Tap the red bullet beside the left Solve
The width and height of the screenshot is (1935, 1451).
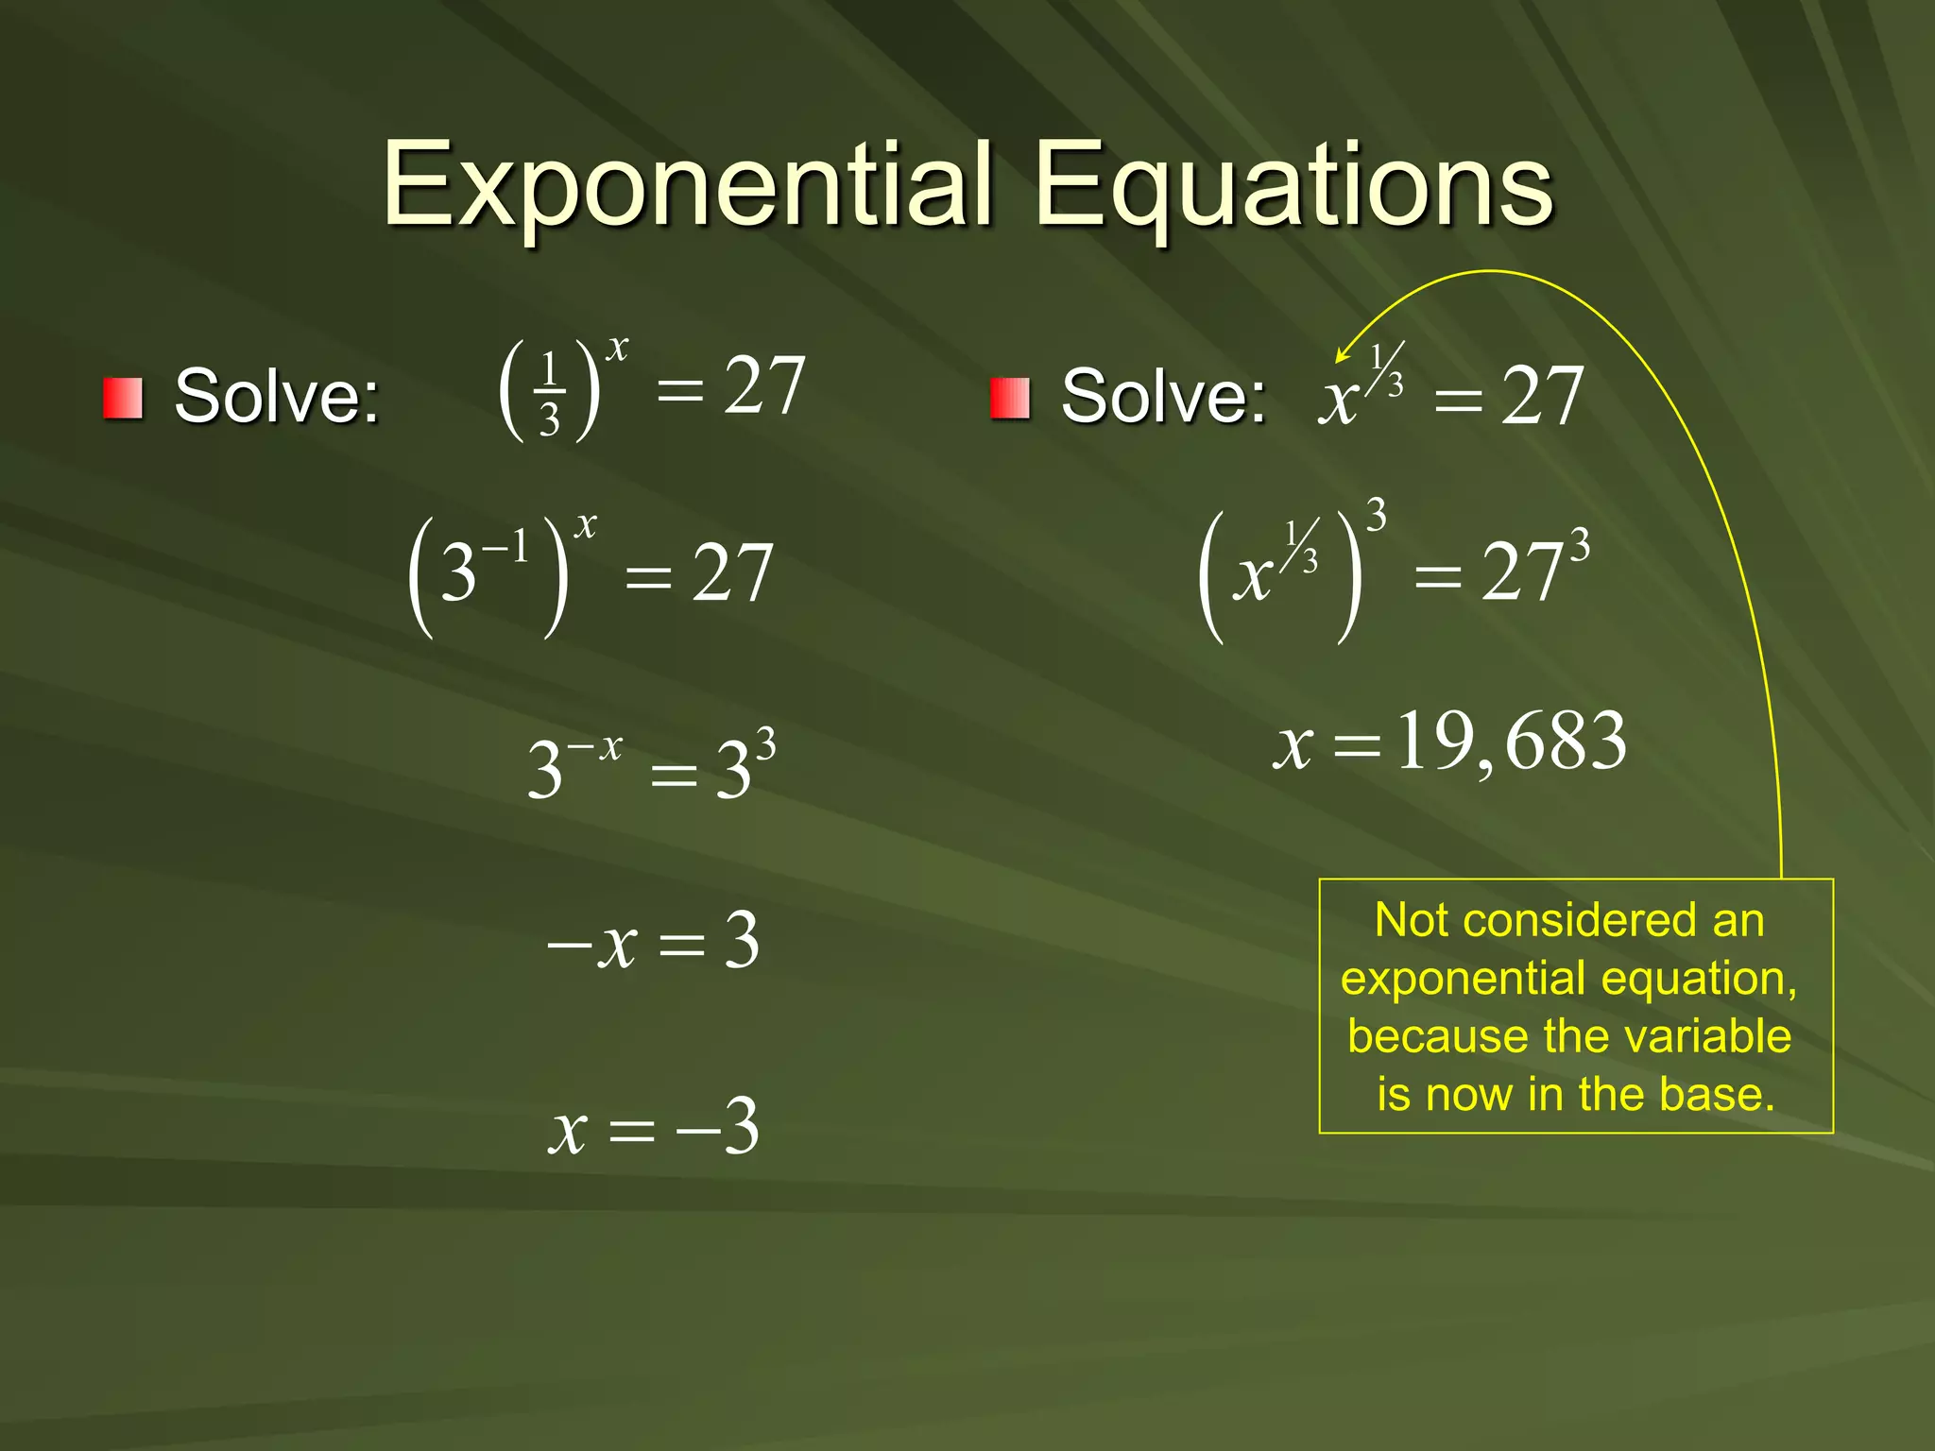[123, 398]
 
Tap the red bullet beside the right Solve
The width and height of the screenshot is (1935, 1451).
[1009, 398]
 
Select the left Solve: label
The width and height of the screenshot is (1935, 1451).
[276, 397]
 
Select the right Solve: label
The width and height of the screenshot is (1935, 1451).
[1162, 397]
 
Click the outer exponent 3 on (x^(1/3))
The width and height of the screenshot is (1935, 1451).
[1377, 516]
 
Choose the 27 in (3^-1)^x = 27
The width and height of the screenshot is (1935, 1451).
[732, 573]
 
